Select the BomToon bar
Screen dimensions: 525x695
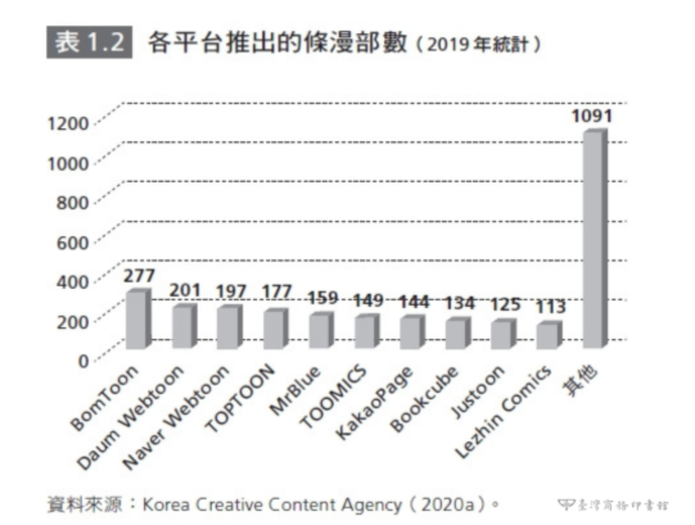[137, 320]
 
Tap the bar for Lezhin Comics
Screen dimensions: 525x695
[548, 336]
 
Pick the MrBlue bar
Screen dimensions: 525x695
[319, 331]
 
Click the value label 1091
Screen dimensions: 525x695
[592, 116]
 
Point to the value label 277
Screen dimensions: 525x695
[139, 276]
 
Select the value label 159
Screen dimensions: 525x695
[323, 298]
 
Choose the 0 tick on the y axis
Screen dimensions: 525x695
[83, 361]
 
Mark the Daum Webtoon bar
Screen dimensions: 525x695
[182, 327]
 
